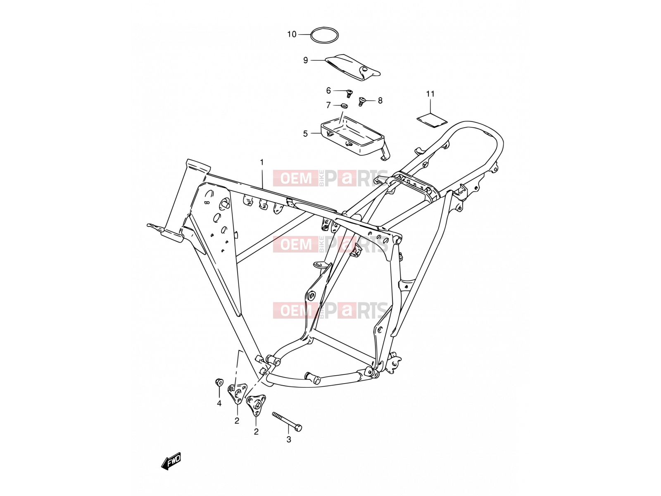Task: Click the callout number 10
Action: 292,34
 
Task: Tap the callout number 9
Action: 305,60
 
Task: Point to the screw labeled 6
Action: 350,93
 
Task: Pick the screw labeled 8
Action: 361,101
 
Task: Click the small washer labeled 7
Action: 344,106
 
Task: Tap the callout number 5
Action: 305,134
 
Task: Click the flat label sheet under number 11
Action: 432,120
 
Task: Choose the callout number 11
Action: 430,94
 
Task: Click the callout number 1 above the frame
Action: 262,162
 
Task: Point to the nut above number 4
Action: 219,382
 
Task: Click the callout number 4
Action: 219,403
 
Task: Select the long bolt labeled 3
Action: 287,422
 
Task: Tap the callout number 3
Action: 288,439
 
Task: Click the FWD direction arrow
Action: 171,461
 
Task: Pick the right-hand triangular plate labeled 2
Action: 256,405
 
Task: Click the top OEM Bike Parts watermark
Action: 330,178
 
